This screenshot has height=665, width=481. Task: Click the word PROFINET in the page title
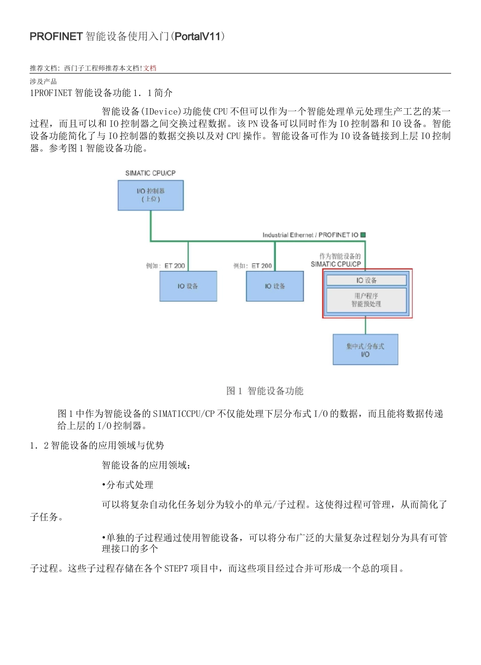pos(56,36)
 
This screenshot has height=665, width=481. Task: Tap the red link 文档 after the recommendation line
pos(150,68)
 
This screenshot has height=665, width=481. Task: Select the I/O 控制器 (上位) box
pos(150,195)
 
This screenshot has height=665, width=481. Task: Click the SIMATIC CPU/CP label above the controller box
pos(150,173)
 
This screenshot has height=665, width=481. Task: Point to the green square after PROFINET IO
pos(363,235)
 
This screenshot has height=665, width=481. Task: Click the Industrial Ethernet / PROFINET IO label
pos(310,235)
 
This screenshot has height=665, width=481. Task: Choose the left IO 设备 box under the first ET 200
pos(188,286)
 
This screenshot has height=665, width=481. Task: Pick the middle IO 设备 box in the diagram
pos(275,286)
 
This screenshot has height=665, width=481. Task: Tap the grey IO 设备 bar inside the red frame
pos(367,280)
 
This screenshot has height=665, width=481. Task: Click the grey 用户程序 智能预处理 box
pos(367,300)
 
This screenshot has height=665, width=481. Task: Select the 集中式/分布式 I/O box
pos(365,350)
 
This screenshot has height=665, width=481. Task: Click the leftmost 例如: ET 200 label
pos(166,265)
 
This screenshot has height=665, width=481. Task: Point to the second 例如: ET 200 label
pos(253,265)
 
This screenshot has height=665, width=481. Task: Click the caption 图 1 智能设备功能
pos(265,391)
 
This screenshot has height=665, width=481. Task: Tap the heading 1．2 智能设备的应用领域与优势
pos(97,446)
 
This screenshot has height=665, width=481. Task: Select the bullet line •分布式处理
pos(128,485)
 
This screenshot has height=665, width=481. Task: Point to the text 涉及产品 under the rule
pos(43,81)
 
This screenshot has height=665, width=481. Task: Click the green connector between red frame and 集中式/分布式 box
pos(366,326)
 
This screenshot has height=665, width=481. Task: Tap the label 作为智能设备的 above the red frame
pos(340,256)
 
